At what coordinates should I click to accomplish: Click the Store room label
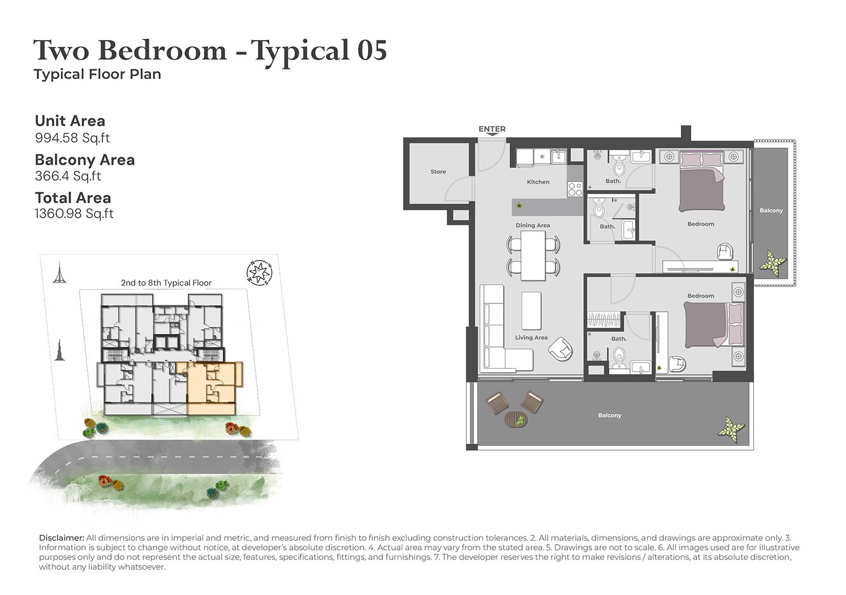tap(438, 171)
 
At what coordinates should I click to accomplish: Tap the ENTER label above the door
tap(492, 129)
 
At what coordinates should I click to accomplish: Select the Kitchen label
tap(538, 182)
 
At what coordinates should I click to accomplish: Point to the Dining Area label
tap(532, 225)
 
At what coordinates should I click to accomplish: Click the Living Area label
tap(531, 337)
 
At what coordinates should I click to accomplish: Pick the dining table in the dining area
tap(533, 255)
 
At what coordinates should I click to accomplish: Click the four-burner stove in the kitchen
tap(575, 189)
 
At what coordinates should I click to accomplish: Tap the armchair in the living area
tap(561, 349)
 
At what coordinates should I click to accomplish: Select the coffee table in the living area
tap(531, 311)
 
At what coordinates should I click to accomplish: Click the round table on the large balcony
tap(516, 420)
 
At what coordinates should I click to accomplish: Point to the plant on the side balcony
tap(773, 263)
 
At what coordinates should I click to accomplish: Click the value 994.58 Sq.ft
tap(72, 138)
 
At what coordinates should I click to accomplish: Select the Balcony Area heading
tap(85, 160)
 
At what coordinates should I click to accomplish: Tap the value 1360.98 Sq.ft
tap(74, 214)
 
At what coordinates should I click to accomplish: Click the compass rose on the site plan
tap(259, 272)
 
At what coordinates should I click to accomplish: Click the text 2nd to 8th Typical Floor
tap(166, 283)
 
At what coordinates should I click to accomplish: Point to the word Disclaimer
tap(61, 537)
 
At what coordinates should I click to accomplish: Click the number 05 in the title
tap(372, 50)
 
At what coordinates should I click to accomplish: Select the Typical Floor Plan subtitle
tap(98, 74)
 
